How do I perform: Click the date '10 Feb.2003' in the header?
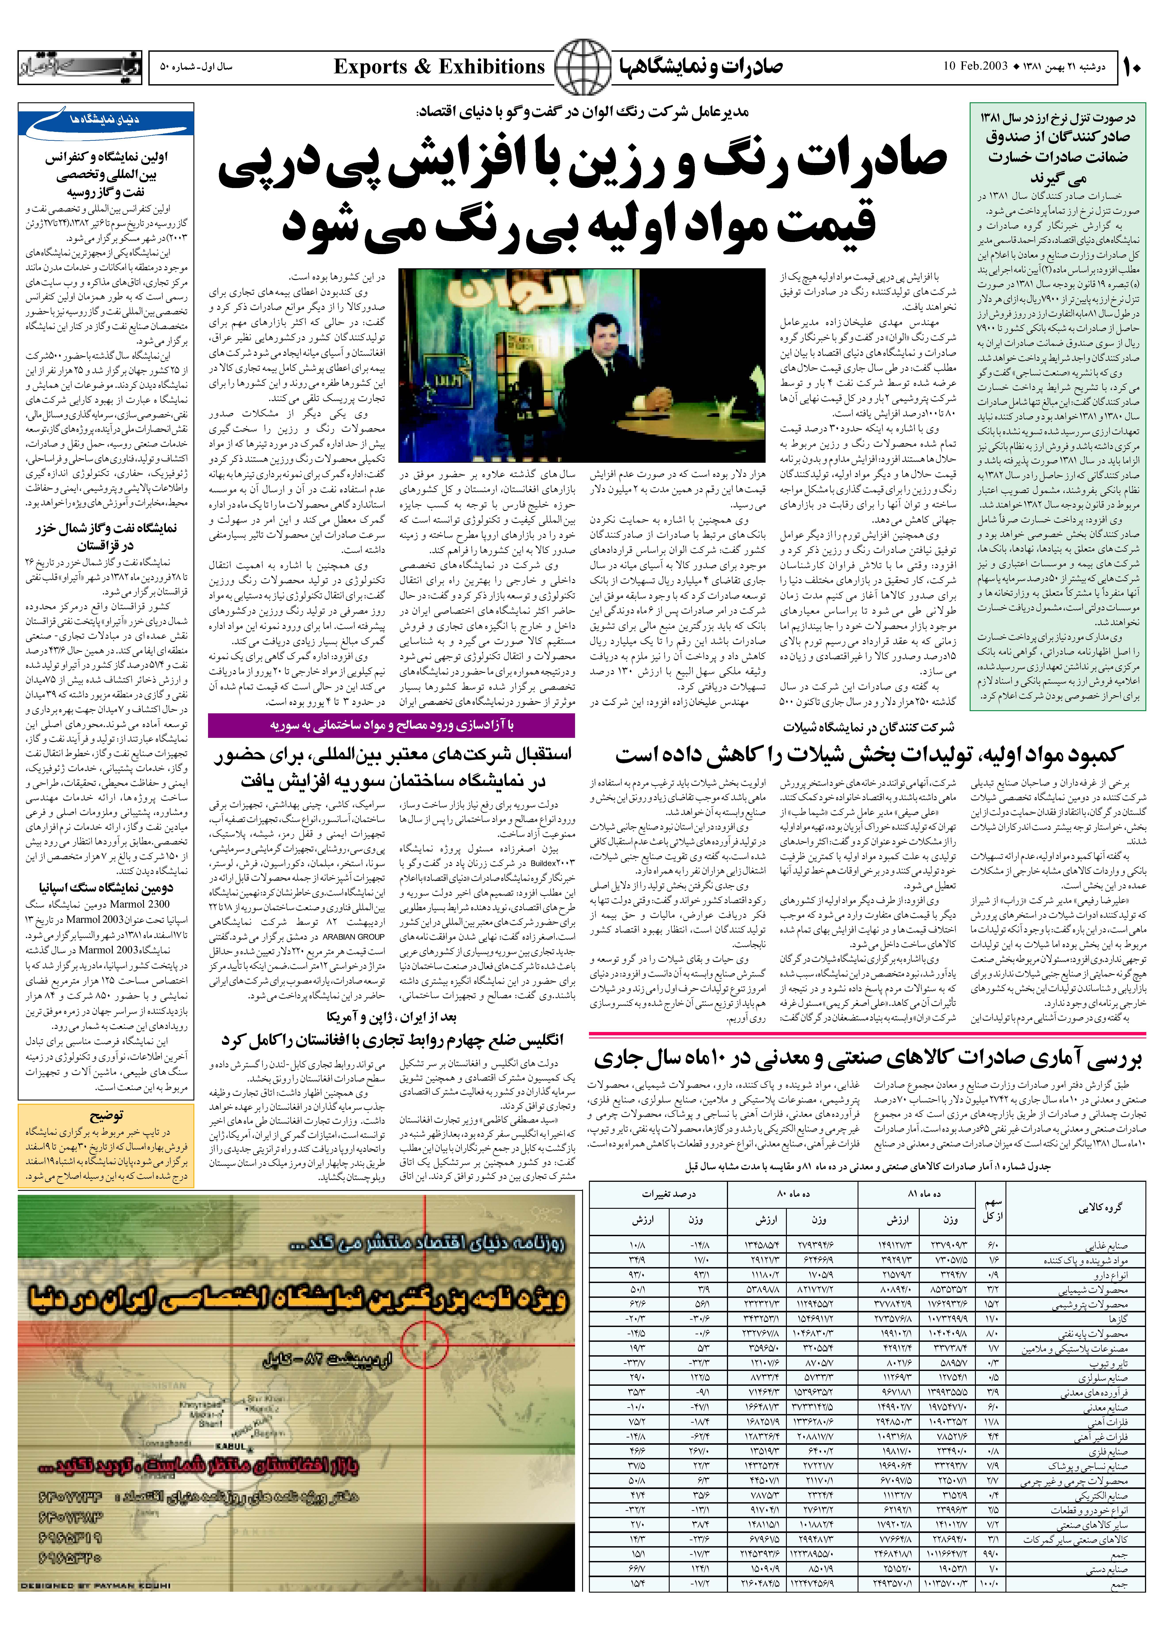pos(976,67)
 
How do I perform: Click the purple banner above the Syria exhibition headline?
pos(391,726)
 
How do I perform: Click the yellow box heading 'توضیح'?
pos(106,1115)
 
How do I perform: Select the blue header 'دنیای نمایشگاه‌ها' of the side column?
pos(105,120)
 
